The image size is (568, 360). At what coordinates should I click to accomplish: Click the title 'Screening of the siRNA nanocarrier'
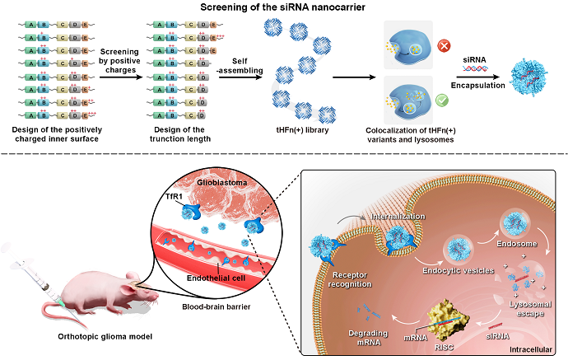[x=283, y=8]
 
